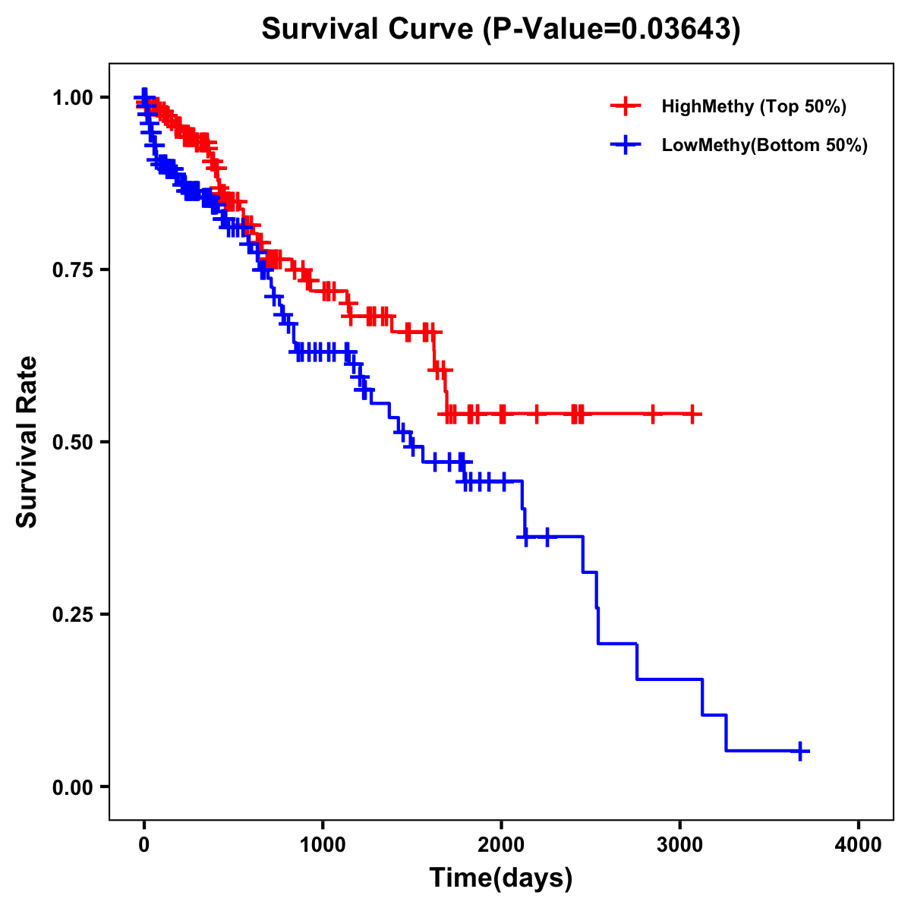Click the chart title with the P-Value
(500, 29)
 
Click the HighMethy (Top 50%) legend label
(753, 106)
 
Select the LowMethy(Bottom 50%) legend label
(764, 145)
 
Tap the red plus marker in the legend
(626, 106)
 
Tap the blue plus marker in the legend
(626, 145)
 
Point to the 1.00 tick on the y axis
(72, 98)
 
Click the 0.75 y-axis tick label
(72, 270)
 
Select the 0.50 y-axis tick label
(72, 443)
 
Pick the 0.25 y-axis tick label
(72, 615)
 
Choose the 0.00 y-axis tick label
(72, 787)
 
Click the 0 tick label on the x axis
(144, 845)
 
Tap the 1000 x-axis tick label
(323, 845)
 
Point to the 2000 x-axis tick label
(501, 845)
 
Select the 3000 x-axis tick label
(680, 845)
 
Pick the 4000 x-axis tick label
(859, 845)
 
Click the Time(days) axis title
(501, 878)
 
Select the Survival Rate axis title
(27, 442)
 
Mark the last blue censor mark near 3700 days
(799, 751)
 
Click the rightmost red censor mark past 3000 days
(692, 414)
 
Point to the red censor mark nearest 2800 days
(652, 414)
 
